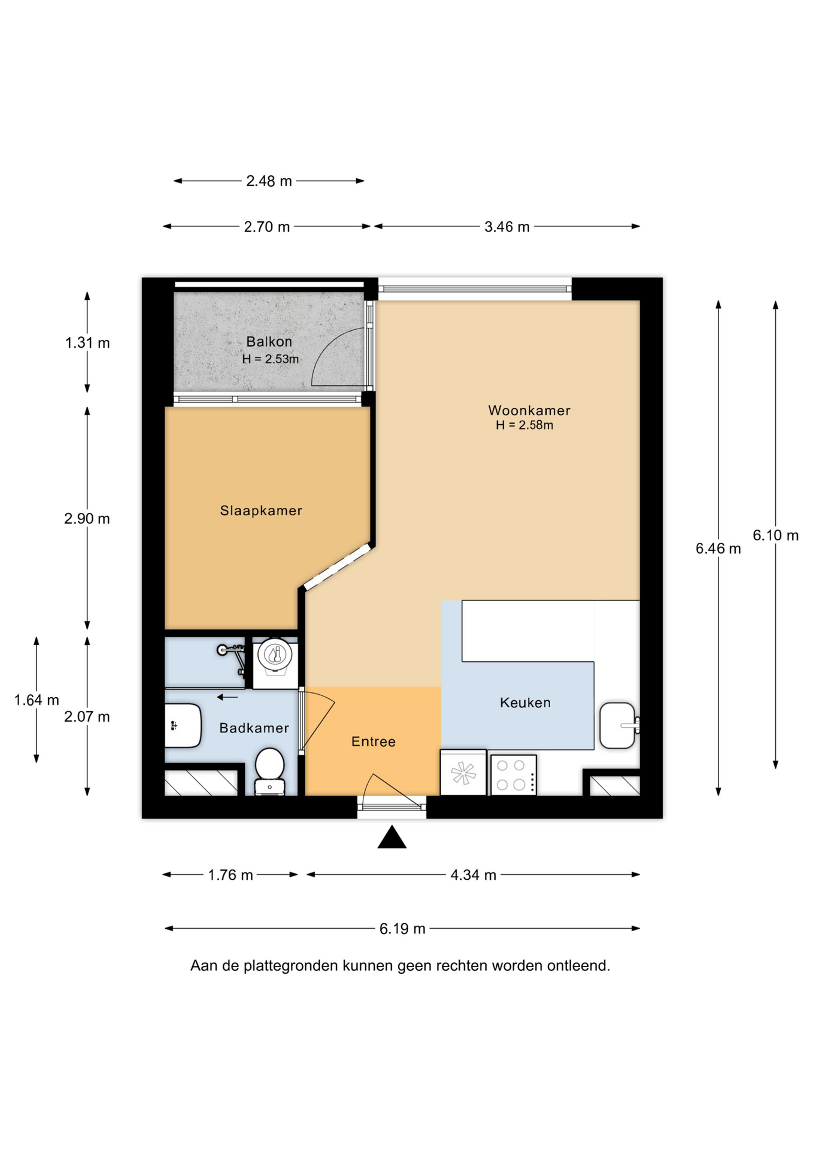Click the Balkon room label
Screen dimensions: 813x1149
pos(269,342)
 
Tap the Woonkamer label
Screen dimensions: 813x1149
pos(529,411)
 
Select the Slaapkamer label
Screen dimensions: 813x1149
pos(261,510)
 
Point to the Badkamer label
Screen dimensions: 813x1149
pos(254,728)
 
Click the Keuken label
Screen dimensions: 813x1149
pos(525,703)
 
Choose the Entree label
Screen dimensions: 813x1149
pos(373,742)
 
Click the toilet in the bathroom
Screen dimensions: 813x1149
pos(269,771)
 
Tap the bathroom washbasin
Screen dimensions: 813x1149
pos(183,726)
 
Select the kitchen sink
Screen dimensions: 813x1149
pos(618,725)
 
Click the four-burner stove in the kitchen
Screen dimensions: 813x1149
pos(513,775)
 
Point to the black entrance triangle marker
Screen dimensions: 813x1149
pos(392,837)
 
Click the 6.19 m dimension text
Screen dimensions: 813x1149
pos(402,929)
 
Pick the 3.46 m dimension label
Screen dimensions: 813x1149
pos(506,227)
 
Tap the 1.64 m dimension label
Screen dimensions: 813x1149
pos(37,700)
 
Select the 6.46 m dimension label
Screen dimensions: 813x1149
pos(718,548)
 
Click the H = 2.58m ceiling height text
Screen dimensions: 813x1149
pos(524,425)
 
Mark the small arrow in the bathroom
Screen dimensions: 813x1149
pos(227,697)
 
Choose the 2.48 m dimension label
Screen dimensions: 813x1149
pos(269,181)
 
